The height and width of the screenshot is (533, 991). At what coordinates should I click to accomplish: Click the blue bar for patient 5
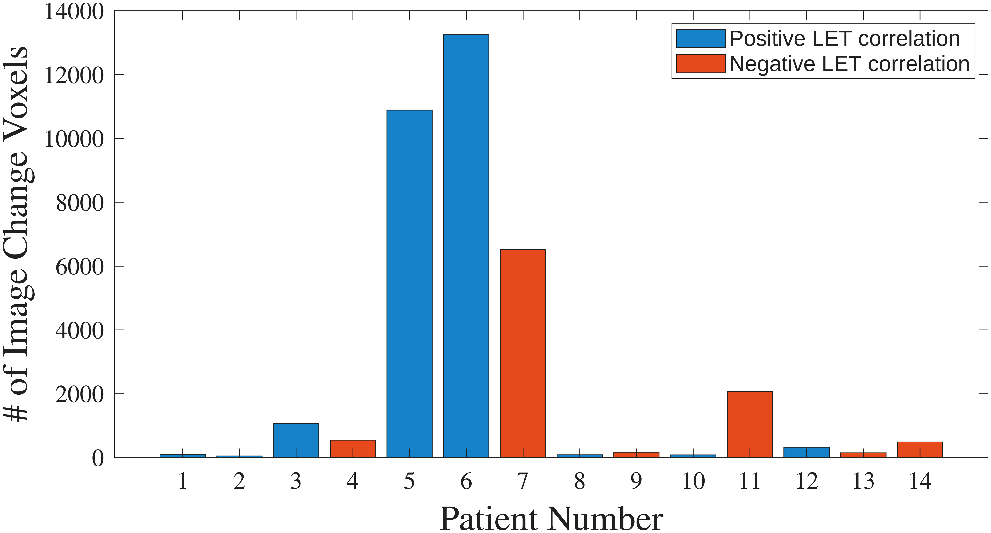click(409, 284)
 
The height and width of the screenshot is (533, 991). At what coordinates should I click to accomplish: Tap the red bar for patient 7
click(523, 353)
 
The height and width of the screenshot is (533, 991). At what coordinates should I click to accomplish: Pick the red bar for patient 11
click(750, 425)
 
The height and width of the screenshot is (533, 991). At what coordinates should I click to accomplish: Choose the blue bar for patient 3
click(296, 440)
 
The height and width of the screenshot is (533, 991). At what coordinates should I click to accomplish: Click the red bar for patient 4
click(353, 449)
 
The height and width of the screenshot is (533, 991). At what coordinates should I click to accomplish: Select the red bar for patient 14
click(920, 449)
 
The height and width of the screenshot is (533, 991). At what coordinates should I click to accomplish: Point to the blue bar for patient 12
click(806, 452)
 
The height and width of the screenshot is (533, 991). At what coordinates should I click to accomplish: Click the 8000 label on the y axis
click(80, 203)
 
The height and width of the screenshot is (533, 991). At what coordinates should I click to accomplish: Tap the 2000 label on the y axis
click(80, 394)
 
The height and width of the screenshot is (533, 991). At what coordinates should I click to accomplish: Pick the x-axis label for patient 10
click(693, 481)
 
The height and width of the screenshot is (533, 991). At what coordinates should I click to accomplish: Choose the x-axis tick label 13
click(863, 481)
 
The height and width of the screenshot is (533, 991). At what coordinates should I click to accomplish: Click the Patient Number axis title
click(551, 519)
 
